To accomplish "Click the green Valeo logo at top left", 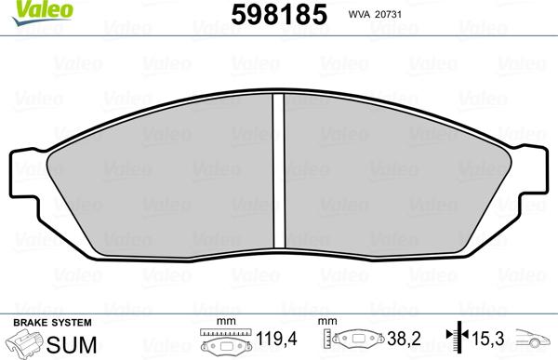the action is pos(42,12).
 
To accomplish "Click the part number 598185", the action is pos(279,15).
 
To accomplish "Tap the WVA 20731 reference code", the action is pos(375,15).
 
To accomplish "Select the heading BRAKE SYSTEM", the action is pos(52,323).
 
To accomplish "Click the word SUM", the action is pos(72,344).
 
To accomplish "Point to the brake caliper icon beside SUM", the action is pos(26,342).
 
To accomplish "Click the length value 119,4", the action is pos(276,339).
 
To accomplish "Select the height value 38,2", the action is pos(404,339).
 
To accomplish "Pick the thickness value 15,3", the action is pos(488,339).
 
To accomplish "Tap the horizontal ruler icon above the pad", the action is pos(226,332).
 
